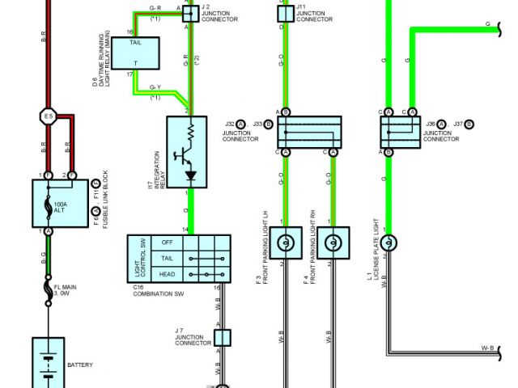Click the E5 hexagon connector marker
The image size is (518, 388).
tap(48, 118)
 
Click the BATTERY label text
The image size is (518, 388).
tap(80, 365)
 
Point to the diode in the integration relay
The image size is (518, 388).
tap(192, 175)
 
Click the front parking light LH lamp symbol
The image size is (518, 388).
tap(285, 242)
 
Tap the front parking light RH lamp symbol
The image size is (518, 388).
tap(331, 242)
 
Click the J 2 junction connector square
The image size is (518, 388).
tap(189, 13)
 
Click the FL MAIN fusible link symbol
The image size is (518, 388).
tap(49, 289)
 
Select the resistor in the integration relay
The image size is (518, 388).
tap(192, 130)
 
